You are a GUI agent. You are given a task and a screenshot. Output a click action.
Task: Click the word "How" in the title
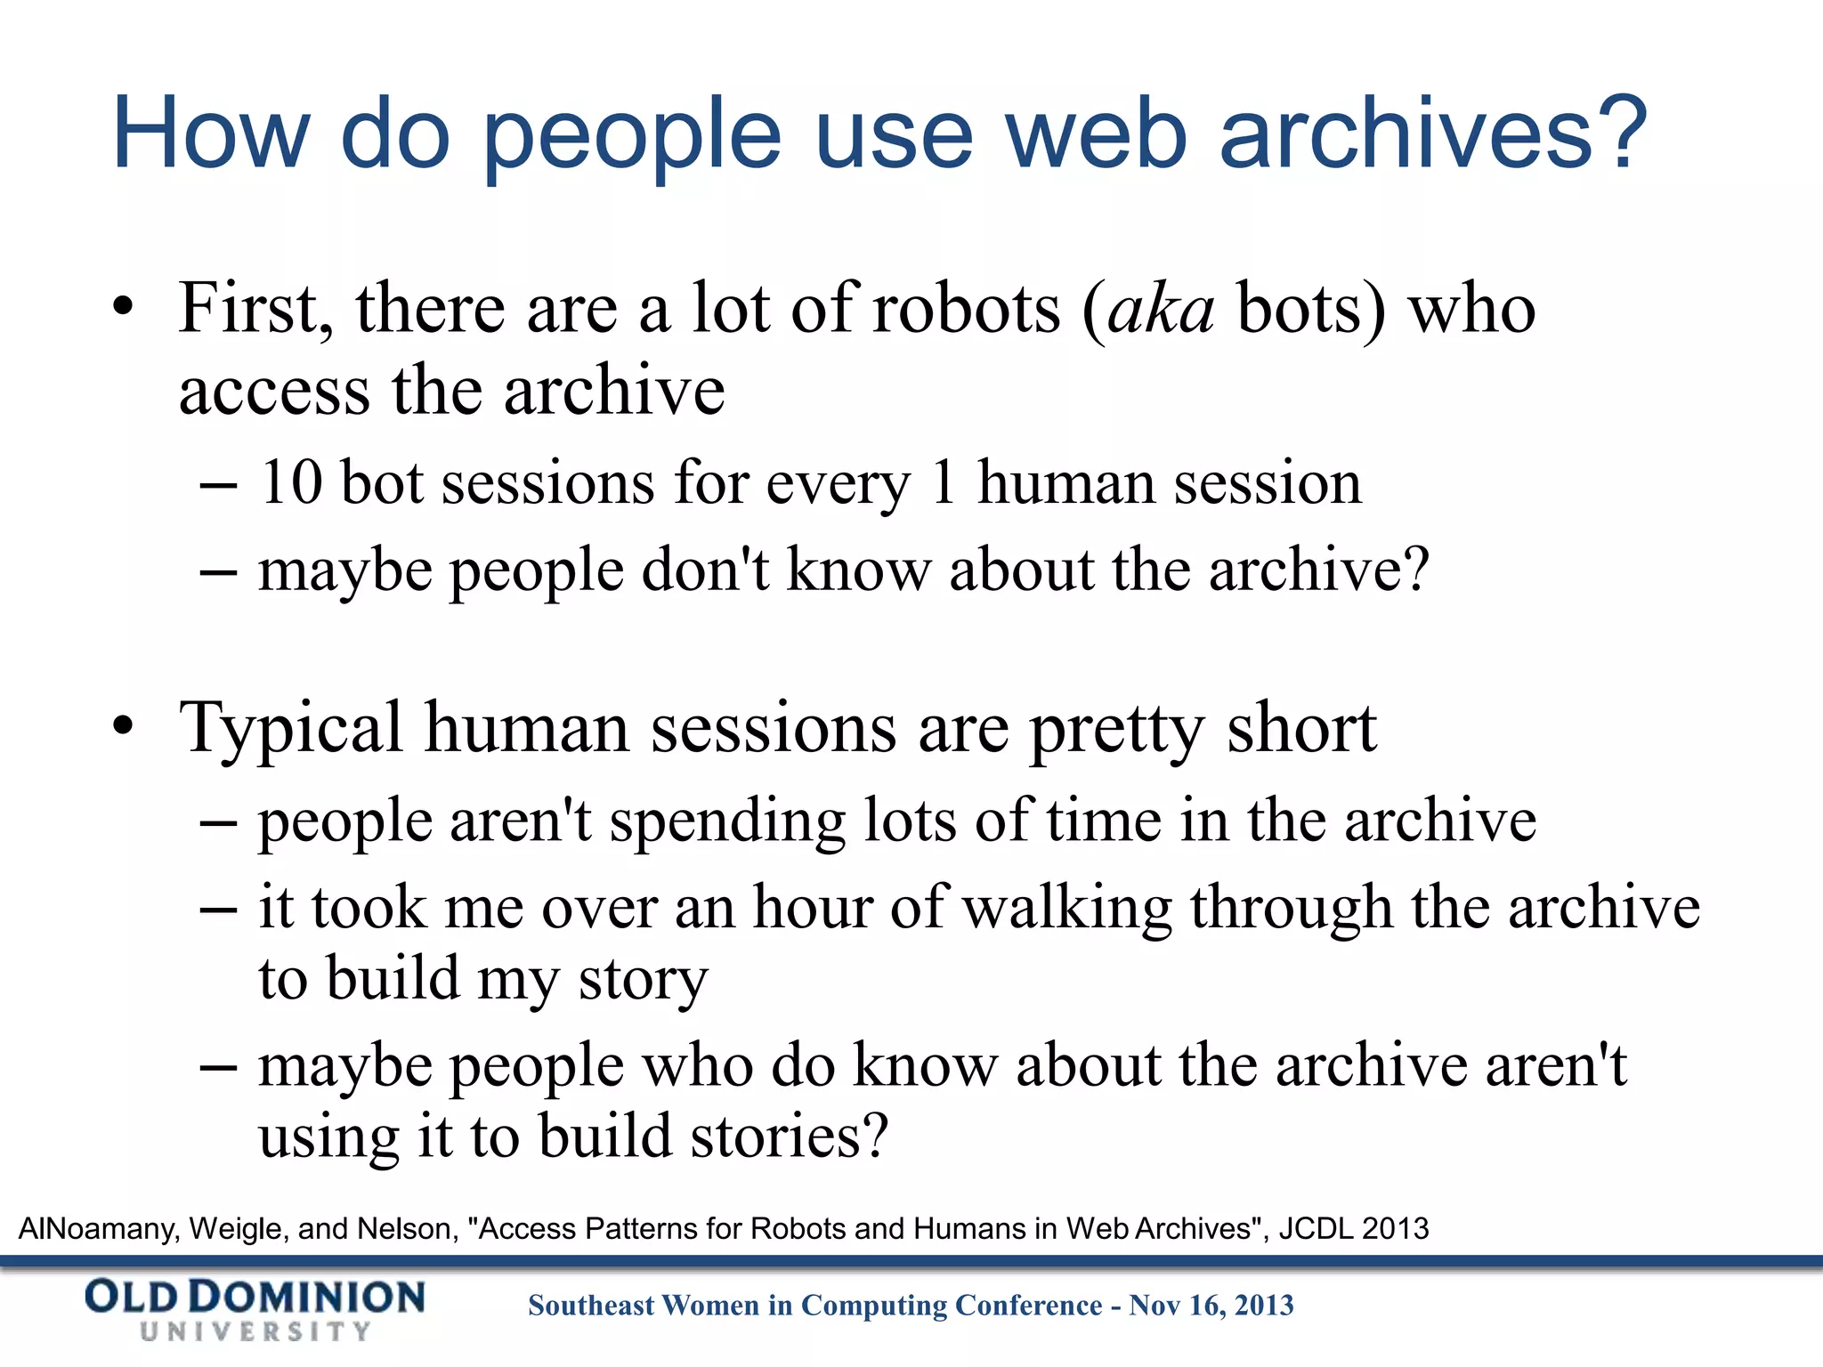click(210, 133)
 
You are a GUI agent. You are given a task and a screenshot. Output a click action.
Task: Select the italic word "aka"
click(1161, 310)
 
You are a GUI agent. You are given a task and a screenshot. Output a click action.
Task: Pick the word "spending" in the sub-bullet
click(726, 821)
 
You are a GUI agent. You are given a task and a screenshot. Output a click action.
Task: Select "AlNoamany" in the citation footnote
click(98, 1229)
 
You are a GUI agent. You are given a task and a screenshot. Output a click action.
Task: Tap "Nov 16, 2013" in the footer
click(1211, 1306)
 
